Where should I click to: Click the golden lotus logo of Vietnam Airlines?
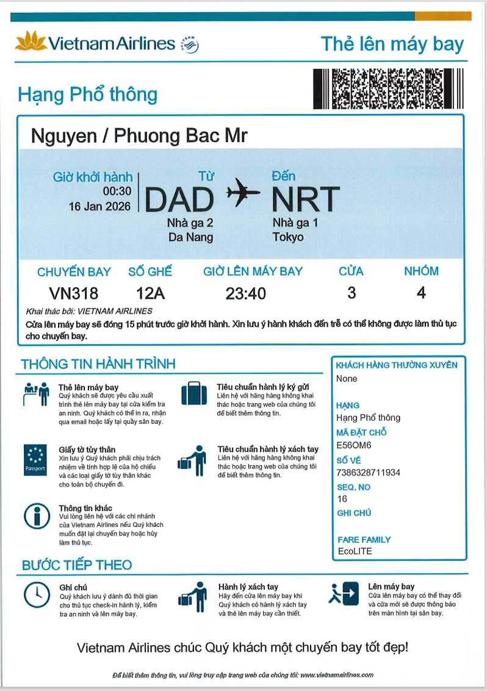tap(31, 41)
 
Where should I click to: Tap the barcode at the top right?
tap(388, 89)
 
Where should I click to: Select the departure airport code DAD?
tap(179, 199)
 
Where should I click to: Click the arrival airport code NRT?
tap(305, 199)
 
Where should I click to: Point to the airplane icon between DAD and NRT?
tap(243, 193)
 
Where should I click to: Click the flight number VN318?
tap(73, 293)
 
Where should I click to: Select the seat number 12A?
tap(150, 293)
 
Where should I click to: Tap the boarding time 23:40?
tap(245, 294)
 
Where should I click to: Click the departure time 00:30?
tap(117, 192)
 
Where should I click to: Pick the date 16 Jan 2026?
tap(100, 207)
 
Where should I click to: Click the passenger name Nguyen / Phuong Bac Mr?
tap(139, 135)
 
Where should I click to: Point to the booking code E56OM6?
tap(354, 445)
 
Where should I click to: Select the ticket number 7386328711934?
tap(369, 473)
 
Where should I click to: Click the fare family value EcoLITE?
tap(355, 551)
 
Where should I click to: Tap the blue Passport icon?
tap(35, 460)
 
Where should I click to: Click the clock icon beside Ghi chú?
tap(37, 594)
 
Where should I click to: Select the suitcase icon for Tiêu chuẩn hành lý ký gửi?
tap(194, 393)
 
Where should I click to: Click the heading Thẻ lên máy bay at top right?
tap(392, 44)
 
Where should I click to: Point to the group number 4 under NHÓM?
tap(421, 293)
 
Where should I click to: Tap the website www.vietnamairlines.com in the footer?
tap(336, 675)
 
